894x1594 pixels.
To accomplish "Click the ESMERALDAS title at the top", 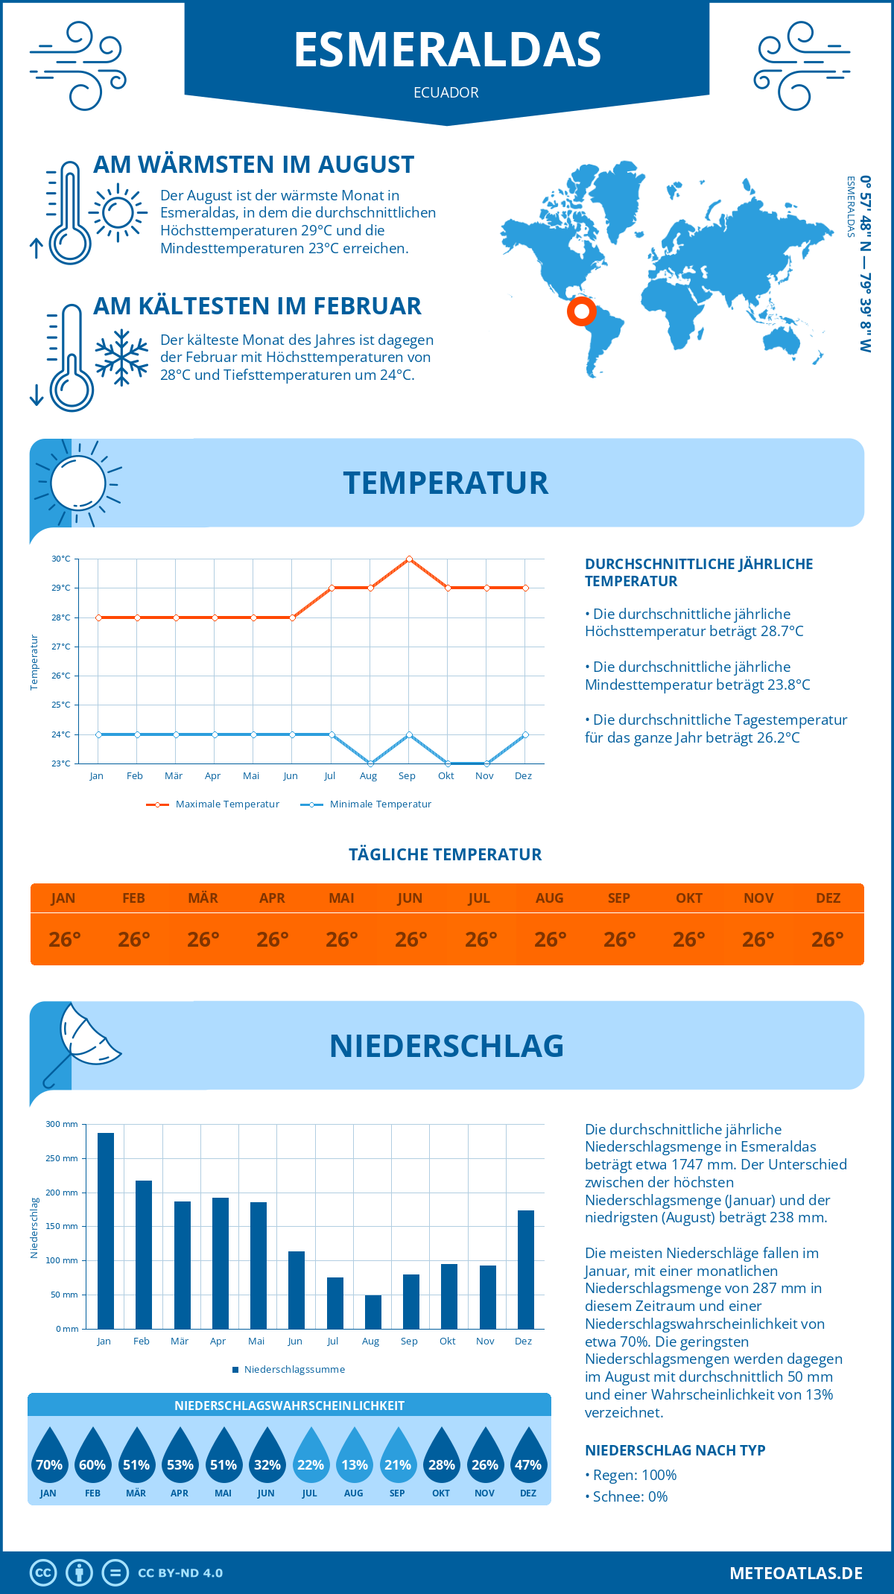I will click(447, 50).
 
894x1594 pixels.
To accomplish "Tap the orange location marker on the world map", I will click(581, 311).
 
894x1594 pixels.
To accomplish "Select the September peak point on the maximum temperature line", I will click(409, 559).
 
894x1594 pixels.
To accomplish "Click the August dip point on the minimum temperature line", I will click(370, 763).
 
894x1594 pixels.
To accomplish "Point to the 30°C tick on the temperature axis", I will click(61, 559).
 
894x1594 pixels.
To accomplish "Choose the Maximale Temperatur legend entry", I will click(213, 804).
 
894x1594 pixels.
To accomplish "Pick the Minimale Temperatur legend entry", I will click(367, 804).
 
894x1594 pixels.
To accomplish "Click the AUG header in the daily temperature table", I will click(550, 898).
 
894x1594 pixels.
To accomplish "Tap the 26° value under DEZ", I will click(828, 940).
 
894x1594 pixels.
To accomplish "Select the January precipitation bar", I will click(106, 1231).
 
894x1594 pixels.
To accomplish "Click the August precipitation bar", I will click(373, 1312).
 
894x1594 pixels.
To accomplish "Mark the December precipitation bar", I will click(526, 1269).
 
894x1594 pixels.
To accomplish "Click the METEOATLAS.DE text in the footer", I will click(796, 1573).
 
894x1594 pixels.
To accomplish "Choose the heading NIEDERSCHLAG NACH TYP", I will click(675, 1450).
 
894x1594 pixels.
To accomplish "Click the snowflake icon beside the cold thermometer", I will click(121, 358).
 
